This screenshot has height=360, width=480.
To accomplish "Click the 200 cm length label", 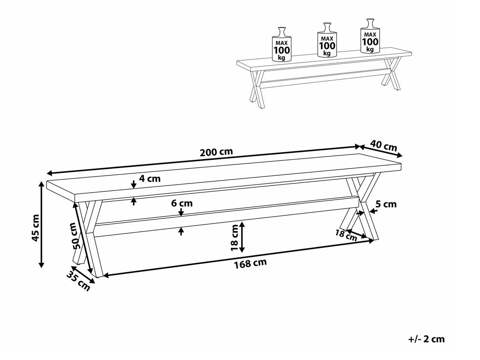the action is tap(216, 152).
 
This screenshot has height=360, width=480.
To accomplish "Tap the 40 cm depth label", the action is tap(384, 146).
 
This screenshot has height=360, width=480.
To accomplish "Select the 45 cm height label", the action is tap(35, 228).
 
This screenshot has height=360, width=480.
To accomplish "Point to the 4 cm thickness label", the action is tap(150, 179).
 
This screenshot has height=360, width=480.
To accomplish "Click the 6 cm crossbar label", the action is tap(182, 203).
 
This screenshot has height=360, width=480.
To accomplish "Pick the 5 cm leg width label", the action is tap(386, 204).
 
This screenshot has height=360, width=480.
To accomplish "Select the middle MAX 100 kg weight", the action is tap(327, 40).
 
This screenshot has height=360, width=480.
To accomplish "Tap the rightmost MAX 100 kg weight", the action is tap(370, 36).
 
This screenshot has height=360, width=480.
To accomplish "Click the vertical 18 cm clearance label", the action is tap(234, 237).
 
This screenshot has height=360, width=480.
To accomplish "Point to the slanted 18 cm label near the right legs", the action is tap(346, 235).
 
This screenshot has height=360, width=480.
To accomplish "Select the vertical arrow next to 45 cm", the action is tap(42, 225).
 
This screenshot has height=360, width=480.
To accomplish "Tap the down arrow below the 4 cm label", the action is tap(134, 184).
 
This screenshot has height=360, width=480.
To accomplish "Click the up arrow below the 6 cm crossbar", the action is tap(181, 231).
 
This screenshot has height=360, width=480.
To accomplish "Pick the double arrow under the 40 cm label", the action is tap(381, 151).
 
